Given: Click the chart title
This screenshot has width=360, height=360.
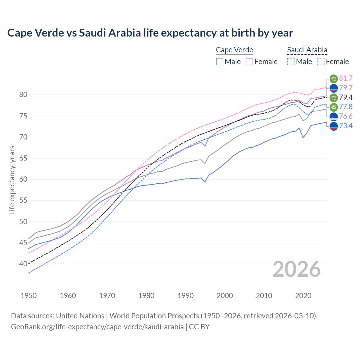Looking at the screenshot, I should [x=150, y=33].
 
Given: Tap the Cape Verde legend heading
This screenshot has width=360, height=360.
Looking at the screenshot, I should [x=235, y=50].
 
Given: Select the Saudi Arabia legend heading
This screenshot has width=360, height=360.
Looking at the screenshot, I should [x=307, y=50].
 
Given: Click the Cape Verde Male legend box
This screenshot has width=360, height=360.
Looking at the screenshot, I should [x=220, y=62].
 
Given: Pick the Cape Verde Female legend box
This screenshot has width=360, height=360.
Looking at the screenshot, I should [x=250, y=62].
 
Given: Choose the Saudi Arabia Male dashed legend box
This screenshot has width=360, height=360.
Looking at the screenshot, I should [x=291, y=62].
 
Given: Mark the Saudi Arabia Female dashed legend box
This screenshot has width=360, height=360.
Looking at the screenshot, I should [x=321, y=62].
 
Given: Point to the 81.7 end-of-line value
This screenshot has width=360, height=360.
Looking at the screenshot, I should [x=346, y=78].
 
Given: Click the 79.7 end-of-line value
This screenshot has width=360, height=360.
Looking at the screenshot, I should [x=346, y=88].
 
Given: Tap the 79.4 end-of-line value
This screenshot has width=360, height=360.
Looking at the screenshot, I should [x=346, y=97].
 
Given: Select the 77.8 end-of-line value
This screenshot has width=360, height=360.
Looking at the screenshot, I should [x=346, y=107].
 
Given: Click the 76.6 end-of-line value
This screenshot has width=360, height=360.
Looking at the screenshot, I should [x=346, y=116].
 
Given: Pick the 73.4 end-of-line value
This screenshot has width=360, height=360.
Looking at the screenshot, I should [x=346, y=126].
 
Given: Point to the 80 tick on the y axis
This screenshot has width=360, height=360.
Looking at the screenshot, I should [x=23, y=95].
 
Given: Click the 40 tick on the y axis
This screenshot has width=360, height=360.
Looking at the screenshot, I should [x=23, y=264].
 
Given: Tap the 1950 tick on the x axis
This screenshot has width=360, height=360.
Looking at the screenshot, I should [x=29, y=296].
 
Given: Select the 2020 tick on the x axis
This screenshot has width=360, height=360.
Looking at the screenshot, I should [x=303, y=296].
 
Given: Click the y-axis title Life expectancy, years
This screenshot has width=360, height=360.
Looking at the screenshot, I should [x=12, y=180].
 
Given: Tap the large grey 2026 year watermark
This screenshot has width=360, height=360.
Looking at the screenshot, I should [x=297, y=269].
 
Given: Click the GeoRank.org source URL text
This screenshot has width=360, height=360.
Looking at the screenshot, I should [x=97, y=327].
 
